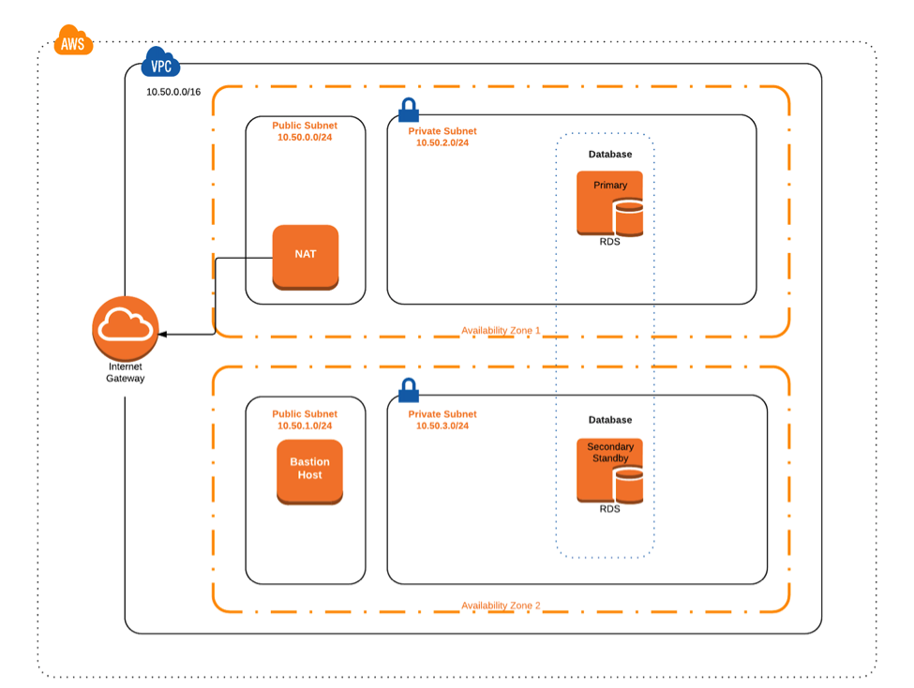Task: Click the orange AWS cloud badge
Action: pyautogui.click(x=73, y=42)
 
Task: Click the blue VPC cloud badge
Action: pyautogui.click(x=160, y=67)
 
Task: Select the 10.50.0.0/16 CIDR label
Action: pyautogui.click(x=173, y=93)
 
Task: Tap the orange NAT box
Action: pyautogui.click(x=305, y=256)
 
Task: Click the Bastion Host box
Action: pyautogui.click(x=309, y=471)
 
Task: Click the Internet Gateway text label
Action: pyautogui.click(x=126, y=373)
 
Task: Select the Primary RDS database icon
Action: pyautogui.click(x=610, y=202)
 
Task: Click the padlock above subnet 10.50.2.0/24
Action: pyautogui.click(x=408, y=110)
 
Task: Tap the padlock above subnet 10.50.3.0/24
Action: pyautogui.click(x=408, y=389)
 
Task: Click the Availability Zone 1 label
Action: pyautogui.click(x=501, y=331)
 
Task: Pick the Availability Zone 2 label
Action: pyautogui.click(x=501, y=606)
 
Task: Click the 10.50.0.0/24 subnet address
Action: pyautogui.click(x=305, y=138)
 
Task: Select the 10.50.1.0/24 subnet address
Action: pyautogui.click(x=305, y=426)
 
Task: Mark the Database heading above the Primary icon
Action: pyautogui.click(x=609, y=154)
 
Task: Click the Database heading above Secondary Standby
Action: pyautogui.click(x=609, y=420)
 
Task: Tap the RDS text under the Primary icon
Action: pyautogui.click(x=609, y=242)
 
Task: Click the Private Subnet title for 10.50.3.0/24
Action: pyautogui.click(x=442, y=413)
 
